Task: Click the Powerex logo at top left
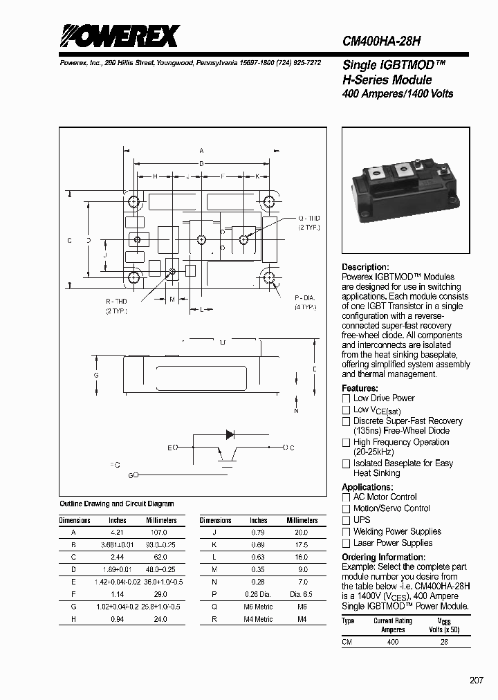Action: (118, 36)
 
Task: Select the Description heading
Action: (365, 267)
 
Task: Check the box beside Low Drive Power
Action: (347, 398)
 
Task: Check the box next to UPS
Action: (347, 520)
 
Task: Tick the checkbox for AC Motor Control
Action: (347, 497)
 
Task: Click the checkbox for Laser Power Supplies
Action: (347, 543)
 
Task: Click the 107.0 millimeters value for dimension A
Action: (159, 533)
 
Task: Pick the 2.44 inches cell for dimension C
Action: (118, 558)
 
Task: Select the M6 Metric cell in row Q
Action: (259, 607)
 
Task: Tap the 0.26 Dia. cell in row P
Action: (259, 594)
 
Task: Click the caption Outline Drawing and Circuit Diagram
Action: (117, 504)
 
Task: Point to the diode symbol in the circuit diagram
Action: (231, 434)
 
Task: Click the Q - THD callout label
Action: (309, 219)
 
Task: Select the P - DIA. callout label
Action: (305, 298)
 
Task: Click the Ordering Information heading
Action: (378, 558)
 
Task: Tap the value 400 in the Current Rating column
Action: (393, 642)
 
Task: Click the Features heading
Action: (360, 388)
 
